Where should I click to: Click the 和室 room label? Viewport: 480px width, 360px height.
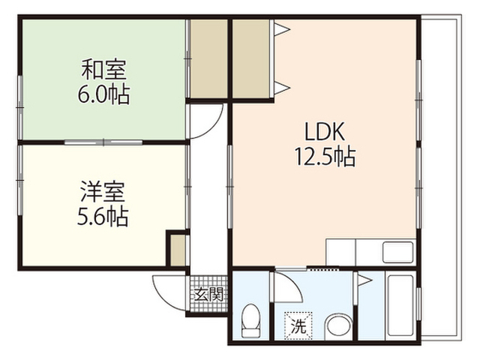103,70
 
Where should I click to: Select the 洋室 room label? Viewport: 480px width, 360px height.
103,192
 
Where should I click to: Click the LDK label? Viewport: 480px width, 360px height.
325,131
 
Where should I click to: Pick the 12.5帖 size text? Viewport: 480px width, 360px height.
325,156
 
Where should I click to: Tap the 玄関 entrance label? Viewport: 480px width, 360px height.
208,295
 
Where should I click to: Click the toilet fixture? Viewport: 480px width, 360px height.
250,320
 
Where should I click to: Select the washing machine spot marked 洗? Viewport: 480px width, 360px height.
298,325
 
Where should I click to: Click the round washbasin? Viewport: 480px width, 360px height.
338,326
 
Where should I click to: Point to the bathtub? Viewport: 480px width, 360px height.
400,307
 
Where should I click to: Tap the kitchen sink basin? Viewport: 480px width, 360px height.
398,253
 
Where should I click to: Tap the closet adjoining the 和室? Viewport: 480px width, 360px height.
208,58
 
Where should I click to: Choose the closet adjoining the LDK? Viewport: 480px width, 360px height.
250,58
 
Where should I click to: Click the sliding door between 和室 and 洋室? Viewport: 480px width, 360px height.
103,142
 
